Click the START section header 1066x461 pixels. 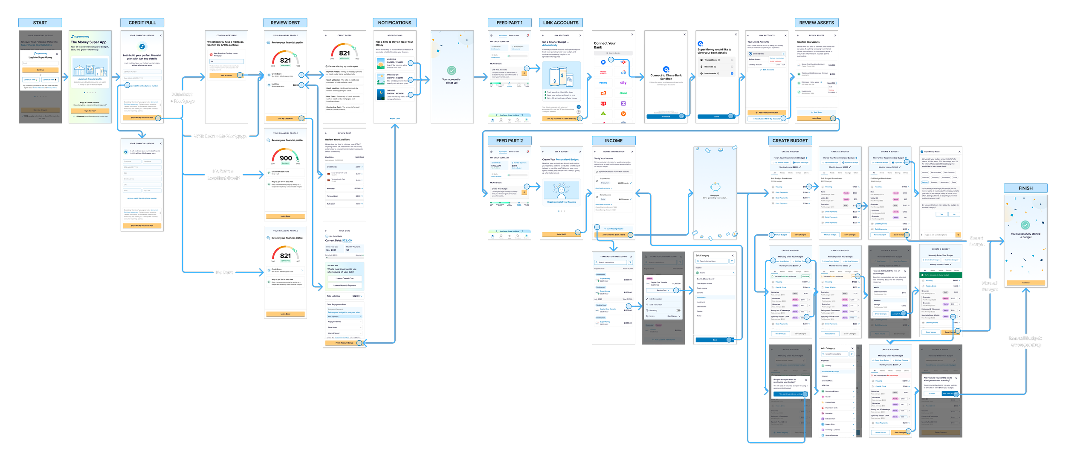coord(40,23)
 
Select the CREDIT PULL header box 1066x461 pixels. coord(142,23)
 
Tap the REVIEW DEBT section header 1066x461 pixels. coord(285,23)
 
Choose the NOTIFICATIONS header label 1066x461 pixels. coord(394,23)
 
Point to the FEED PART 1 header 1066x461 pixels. coord(509,23)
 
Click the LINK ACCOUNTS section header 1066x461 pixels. coord(561,23)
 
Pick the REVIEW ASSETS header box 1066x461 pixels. coord(816,23)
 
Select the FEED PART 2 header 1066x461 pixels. coord(509,140)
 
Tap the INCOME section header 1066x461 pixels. coord(613,140)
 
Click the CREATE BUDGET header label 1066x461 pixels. coord(790,140)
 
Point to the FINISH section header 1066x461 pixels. coord(1025,188)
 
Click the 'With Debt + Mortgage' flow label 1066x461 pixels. coord(182,98)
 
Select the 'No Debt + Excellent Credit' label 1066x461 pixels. coord(224,175)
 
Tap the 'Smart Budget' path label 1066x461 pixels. coord(976,241)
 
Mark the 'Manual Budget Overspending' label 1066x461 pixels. coord(1025,341)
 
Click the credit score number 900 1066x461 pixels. coord(286,158)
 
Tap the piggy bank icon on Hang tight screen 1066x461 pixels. coord(715,187)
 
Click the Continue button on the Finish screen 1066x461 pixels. coord(1025,283)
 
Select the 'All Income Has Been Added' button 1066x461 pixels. coord(613,235)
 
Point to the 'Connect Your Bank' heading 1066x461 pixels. coord(605,45)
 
